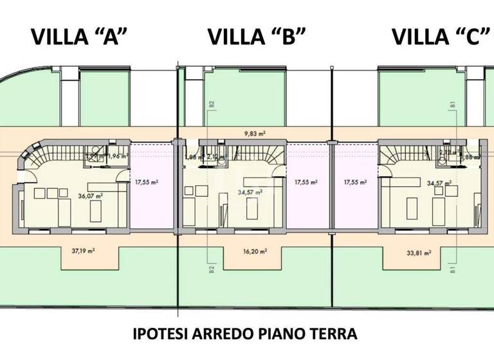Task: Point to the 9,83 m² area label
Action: click(256, 134)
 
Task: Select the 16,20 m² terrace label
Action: click(255, 251)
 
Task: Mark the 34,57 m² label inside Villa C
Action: click(439, 183)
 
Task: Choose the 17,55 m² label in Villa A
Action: click(147, 182)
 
